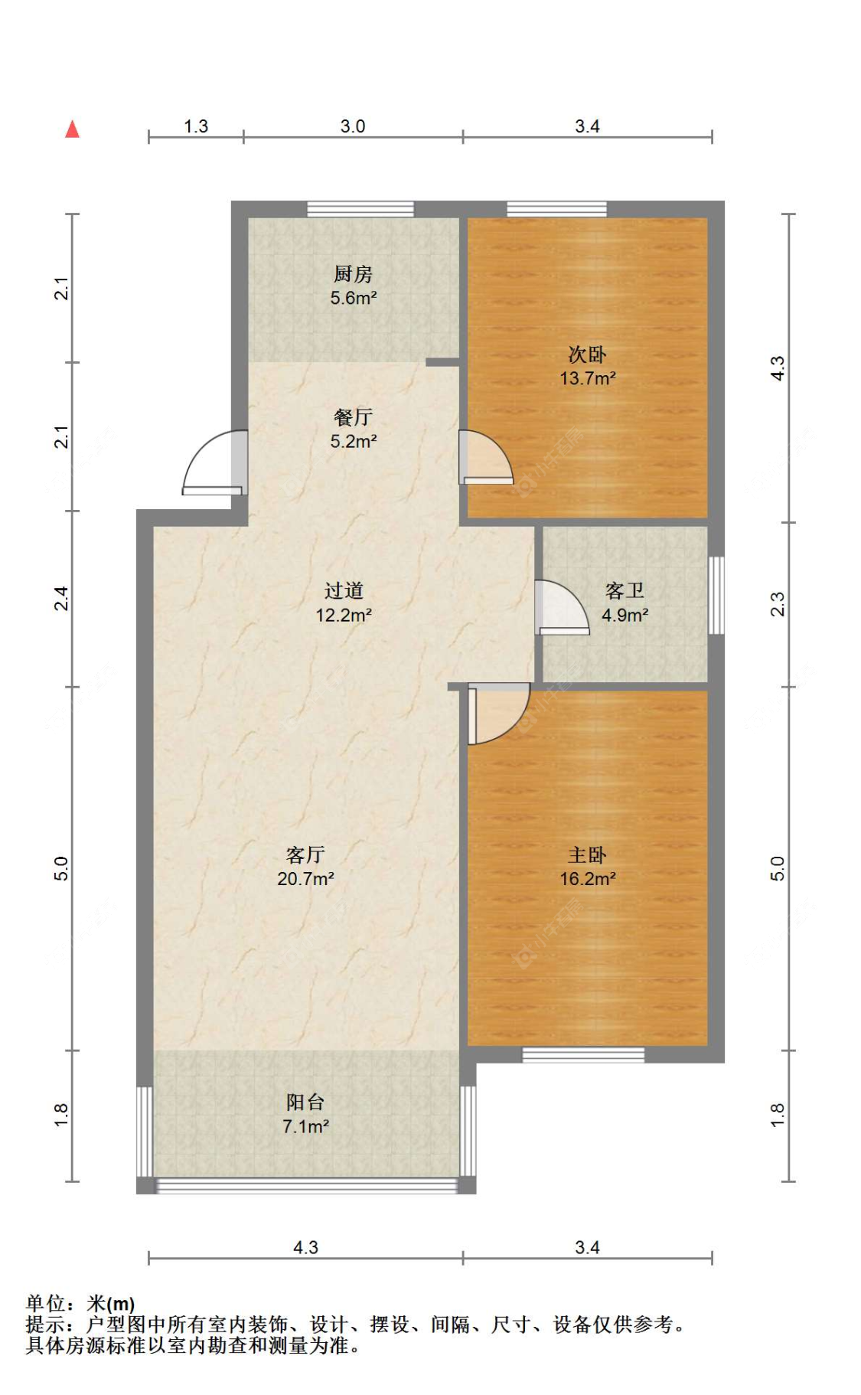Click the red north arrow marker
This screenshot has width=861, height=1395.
[x=72, y=129]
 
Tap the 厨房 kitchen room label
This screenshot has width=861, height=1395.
[x=353, y=273]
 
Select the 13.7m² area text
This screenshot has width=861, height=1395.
[x=587, y=378]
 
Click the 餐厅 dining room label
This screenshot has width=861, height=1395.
[x=353, y=417]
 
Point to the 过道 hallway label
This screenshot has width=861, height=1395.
[x=344, y=590]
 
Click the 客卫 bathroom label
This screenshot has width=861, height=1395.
[x=625, y=590]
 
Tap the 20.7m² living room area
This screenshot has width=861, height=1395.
[x=305, y=879]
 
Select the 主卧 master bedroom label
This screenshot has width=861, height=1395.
[x=587, y=854]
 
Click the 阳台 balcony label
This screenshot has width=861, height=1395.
[x=305, y=1102]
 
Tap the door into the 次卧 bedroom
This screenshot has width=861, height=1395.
[x=484, y=459]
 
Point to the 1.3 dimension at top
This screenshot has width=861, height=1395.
[x=196, y=126]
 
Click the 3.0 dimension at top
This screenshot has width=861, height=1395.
[x=353, y=126]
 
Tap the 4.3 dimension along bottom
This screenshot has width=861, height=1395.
[x=305, y=1247]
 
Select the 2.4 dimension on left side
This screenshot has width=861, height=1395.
[x=61, y=598]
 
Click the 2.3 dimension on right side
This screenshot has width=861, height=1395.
[x=778, y=604]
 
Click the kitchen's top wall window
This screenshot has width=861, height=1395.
[x=360, y=209]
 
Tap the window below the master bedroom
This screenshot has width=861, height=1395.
[x=583, y=1055]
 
